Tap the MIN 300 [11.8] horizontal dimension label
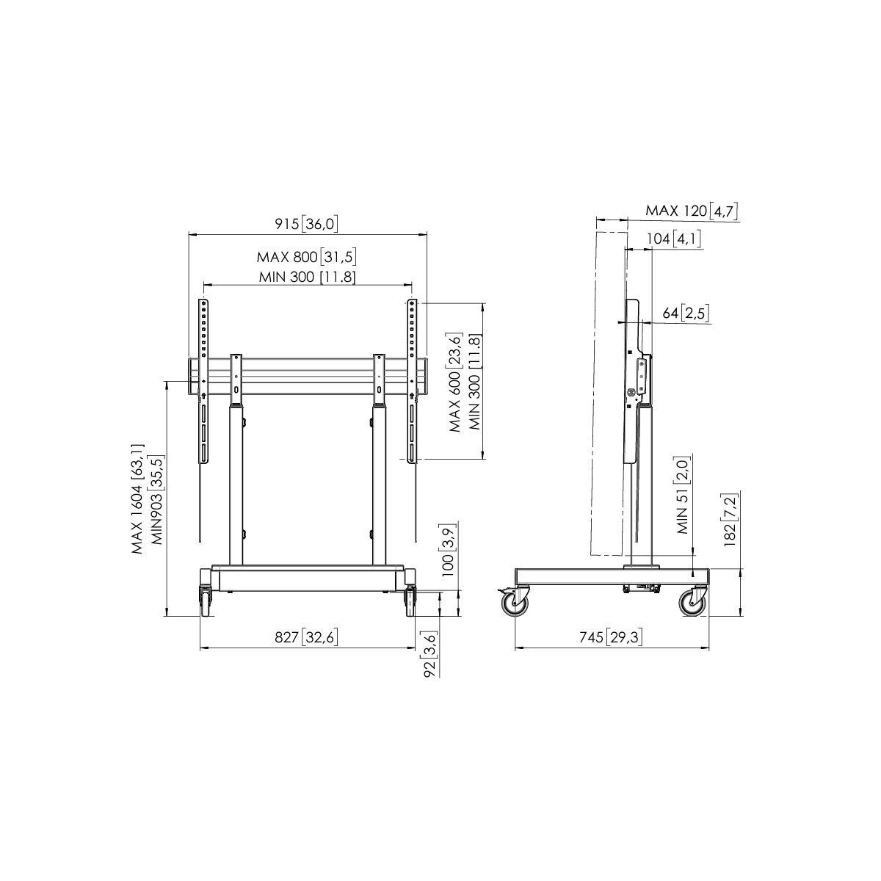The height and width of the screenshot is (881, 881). [307, 276]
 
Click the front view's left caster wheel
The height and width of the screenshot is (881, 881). [205, 601]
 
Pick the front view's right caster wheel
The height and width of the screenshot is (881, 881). [410, 601]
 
